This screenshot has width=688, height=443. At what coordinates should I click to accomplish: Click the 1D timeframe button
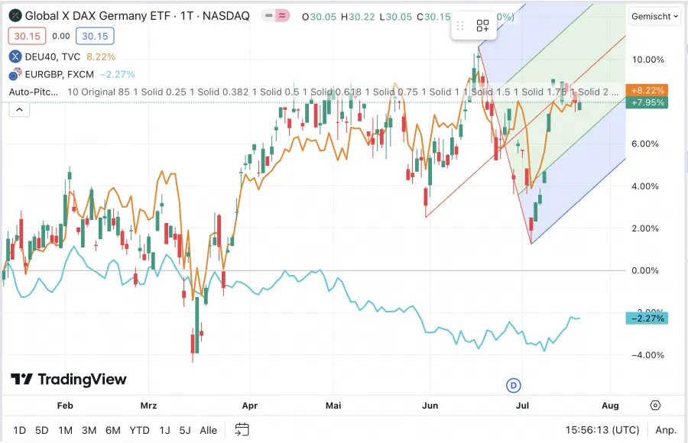(x=20, y=430)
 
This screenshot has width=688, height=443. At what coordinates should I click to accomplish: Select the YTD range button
(x=139, y=430)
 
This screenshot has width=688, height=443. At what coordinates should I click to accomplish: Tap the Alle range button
(x=208, y=430)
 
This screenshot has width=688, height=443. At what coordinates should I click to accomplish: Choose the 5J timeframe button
(x=185, y=430)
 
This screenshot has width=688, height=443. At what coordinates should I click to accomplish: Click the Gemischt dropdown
(x=655, y=16)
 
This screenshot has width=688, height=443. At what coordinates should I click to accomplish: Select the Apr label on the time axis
(x=249, y=406)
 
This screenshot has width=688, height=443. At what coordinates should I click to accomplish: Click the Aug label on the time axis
(x=610, y=406)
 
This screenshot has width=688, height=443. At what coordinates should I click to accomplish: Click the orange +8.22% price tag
(x=647, y=90)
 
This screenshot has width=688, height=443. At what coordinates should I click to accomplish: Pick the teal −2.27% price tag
(x=647, y=318)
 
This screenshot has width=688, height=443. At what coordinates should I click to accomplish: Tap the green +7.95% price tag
(x=647, y=102)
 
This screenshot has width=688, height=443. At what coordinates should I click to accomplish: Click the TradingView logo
(x=69, y=380)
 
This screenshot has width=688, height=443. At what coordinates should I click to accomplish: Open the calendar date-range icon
(x=242, y=429)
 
